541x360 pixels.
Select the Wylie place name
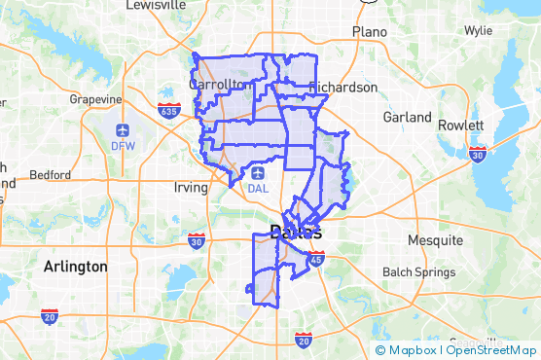tap(478, 30)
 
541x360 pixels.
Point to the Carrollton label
tap(218, 85)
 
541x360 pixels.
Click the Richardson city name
tap(343, 88)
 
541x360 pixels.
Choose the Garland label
tap(408, 117)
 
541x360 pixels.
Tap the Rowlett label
tap(461, 126)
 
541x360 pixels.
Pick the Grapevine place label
tap(95, 99)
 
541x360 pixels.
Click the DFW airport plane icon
tap(124, 130)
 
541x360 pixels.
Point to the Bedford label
tap(51, 175)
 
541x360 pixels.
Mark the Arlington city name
tap(75, 266)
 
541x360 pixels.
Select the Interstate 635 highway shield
tap(169, 109)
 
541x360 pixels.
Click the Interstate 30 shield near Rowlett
tap(477, 153)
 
